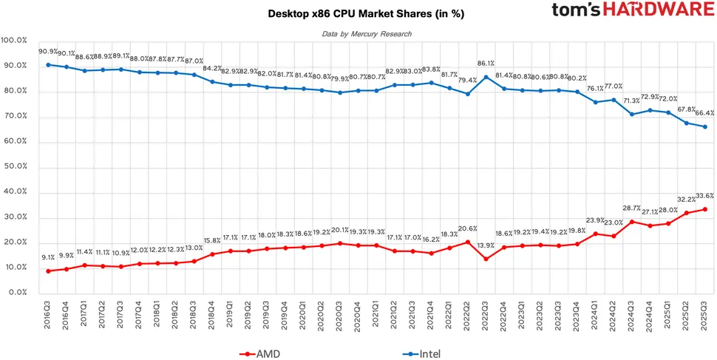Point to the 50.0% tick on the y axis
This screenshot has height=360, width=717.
15,167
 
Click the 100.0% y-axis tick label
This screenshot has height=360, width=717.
15,40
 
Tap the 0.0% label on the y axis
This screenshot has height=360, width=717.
16,293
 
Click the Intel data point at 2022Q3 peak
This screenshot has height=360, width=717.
486,77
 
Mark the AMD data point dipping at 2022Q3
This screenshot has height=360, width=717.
486,259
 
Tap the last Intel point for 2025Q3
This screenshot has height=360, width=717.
704,126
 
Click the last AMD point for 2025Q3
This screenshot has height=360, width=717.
704,209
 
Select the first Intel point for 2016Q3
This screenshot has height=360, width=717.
49,64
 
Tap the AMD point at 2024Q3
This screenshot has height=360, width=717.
632,222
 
